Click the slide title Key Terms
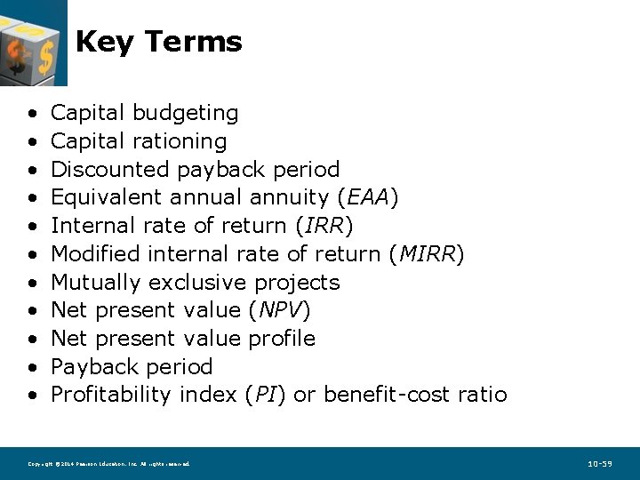coord(158,42)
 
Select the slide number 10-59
coord(600,464)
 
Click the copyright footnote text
coord(108,464)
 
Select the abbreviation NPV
coord(278,310)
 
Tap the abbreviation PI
coord(264,395)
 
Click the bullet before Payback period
coord(32,367)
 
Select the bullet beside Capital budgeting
coord(32,114)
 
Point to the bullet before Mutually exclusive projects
coord(32,283)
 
